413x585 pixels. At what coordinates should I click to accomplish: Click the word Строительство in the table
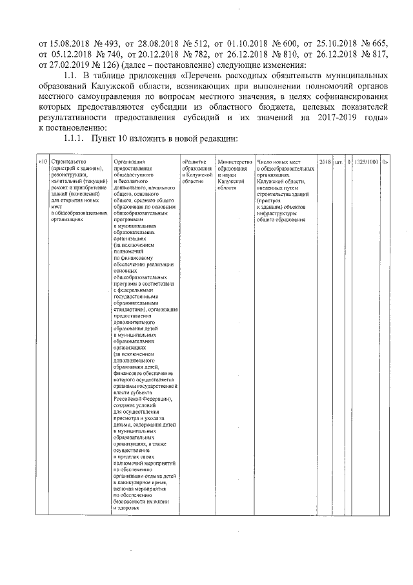(70, 162)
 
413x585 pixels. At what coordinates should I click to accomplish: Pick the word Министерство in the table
(234, 162)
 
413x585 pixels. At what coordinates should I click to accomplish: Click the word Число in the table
(265, 162)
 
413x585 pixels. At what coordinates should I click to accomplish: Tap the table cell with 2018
(325, 162)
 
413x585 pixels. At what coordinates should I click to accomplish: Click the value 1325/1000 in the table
(365, 162)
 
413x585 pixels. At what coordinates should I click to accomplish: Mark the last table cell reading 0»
(385, 162)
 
